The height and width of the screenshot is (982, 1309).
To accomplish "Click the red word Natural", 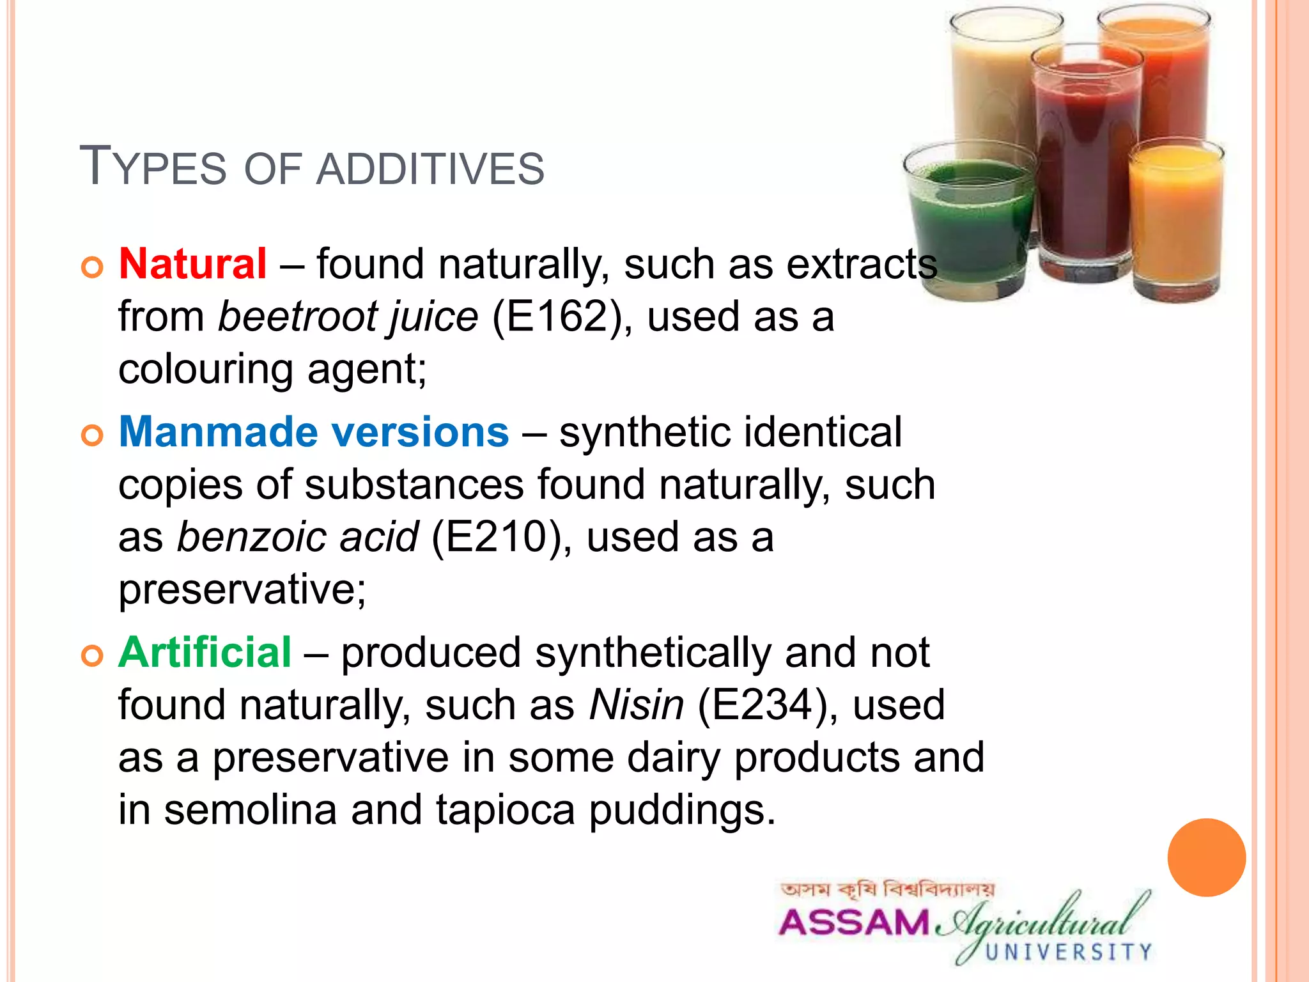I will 192,264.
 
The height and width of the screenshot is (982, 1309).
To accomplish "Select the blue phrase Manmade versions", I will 314,432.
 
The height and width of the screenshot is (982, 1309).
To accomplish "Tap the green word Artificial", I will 205,653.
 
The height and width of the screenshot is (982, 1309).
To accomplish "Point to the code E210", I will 496,537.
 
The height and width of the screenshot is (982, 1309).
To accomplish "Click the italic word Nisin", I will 636,705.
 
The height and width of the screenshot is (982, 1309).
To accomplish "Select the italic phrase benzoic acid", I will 297,537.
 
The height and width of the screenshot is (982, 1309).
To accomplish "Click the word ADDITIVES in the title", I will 430,170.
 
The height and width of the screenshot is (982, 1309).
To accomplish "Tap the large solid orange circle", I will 1206,857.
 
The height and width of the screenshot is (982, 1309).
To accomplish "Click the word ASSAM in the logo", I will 853,923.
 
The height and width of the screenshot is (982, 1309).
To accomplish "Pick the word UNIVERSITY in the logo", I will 1068,953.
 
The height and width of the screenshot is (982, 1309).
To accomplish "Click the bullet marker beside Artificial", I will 93,656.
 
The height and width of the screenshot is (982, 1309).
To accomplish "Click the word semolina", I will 250,810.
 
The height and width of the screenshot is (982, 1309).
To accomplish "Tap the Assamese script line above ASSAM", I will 887,890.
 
